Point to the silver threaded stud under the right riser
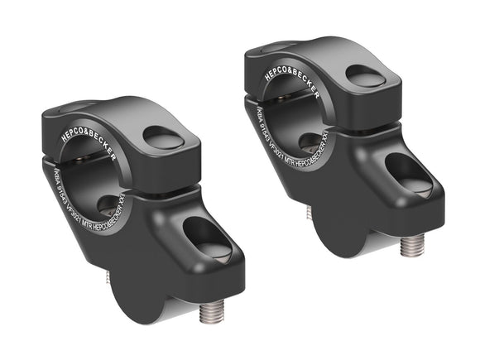click(411, 246)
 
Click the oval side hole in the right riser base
click(407, 172)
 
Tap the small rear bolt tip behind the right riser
click(308, 213)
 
